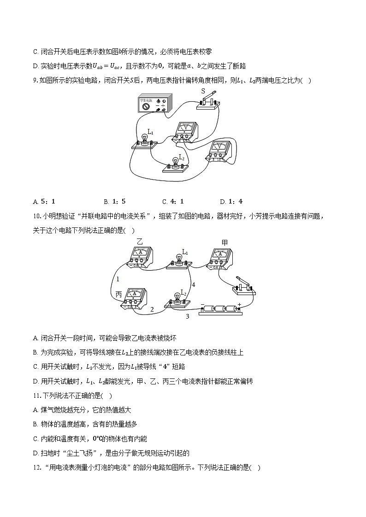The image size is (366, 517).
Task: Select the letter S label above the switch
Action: (203, 91)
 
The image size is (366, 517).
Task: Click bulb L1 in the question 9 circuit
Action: (145, 139)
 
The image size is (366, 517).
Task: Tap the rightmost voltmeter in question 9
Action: (219, 151)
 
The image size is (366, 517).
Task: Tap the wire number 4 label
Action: (193, 285)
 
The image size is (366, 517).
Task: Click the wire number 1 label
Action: (118, 279)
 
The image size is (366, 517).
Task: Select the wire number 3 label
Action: (187, 316)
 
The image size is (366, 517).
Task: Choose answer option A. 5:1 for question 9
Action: (44, 201)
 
